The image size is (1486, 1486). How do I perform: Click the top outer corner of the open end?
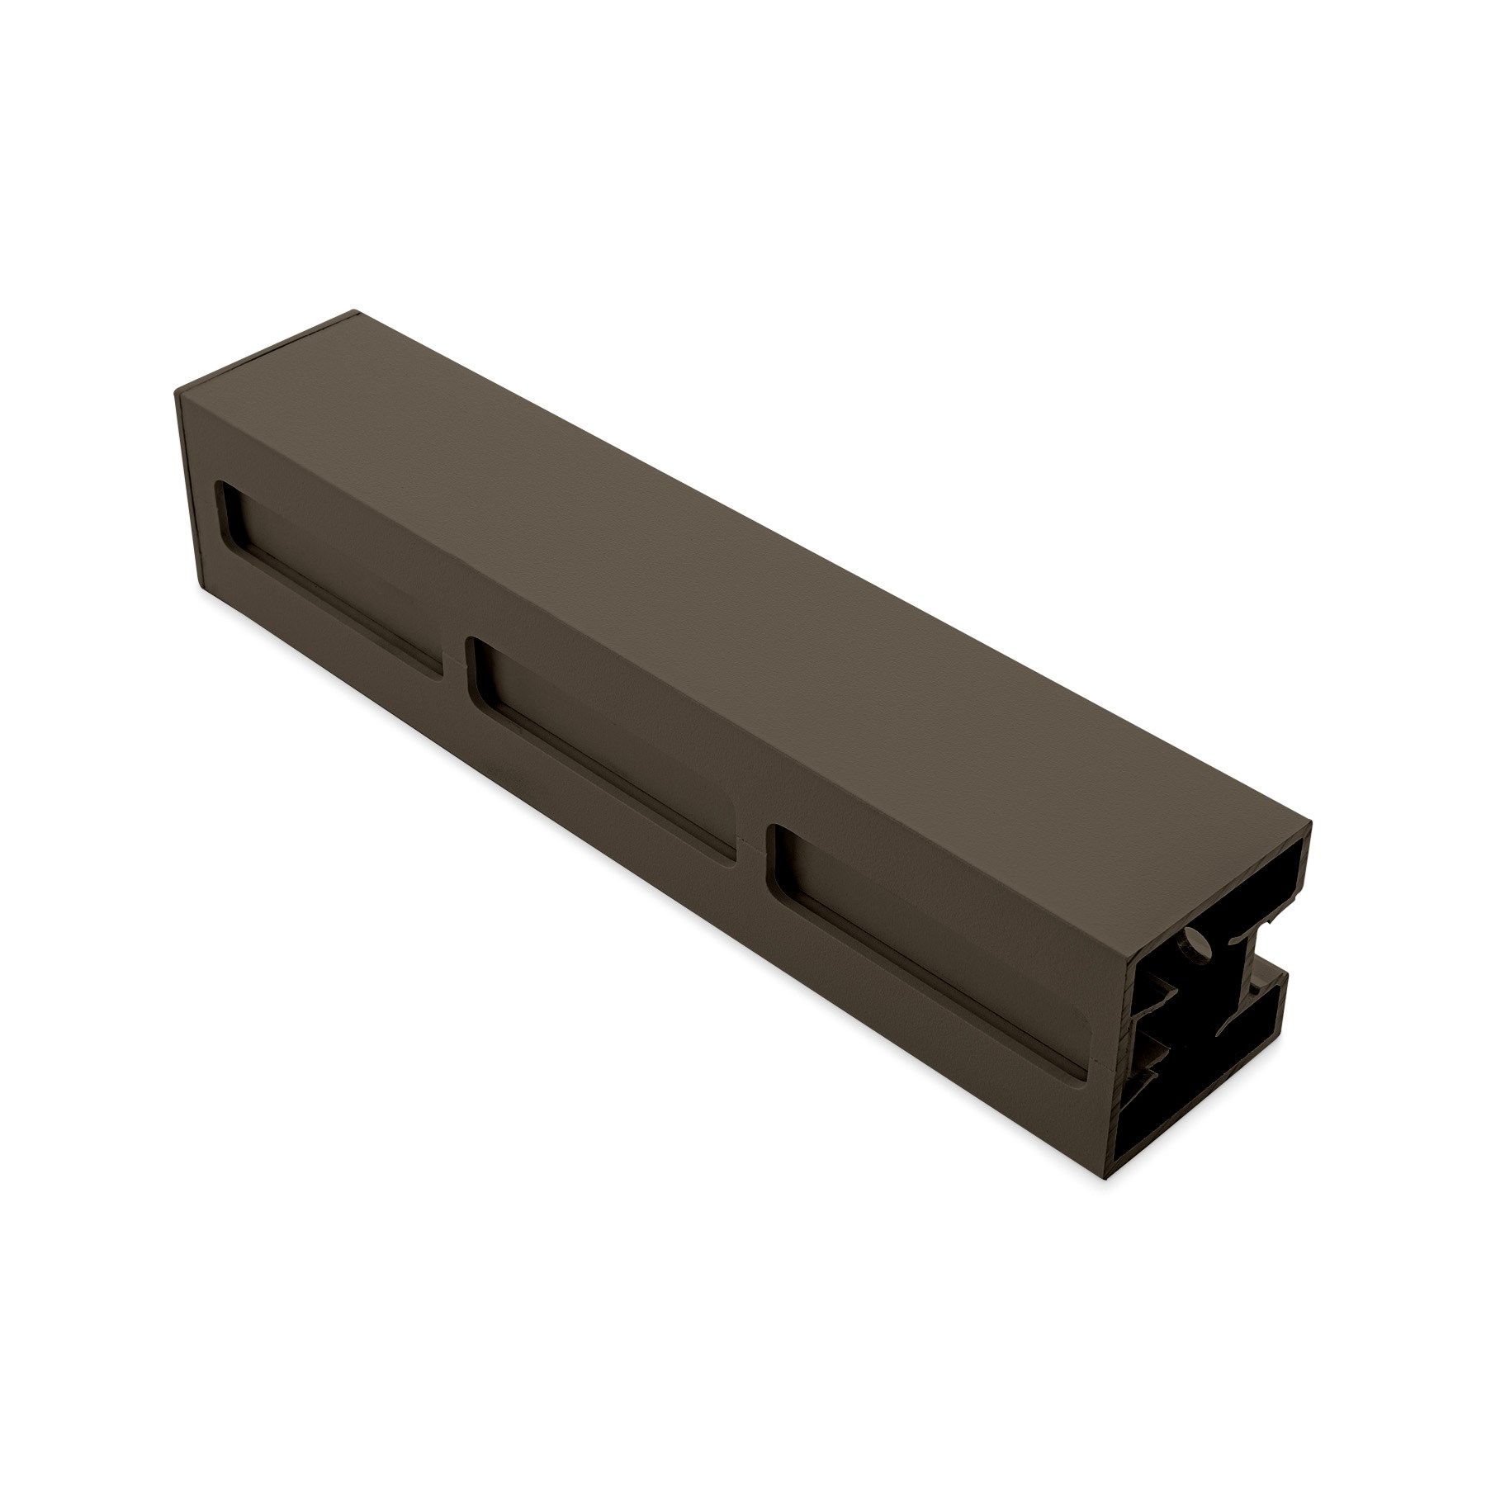click(x=1311, y=827)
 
